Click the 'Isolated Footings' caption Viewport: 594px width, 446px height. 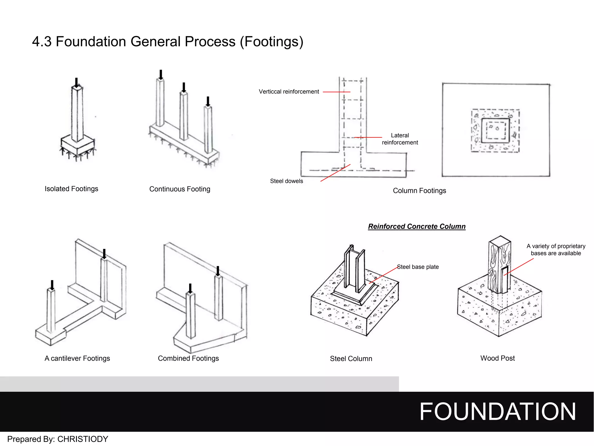pyautogui.click(x=71, y=189)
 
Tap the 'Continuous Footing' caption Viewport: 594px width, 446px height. pyautogui.click(x=180, y=189)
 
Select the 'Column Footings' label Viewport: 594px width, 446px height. pyautogui.click(x=419, y=191)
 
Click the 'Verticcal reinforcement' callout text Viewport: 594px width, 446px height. pyautogui.click(x=289, y=92)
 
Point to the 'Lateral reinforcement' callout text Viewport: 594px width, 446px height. pyautogui.click(x=400, y=139)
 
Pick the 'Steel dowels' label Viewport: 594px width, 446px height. pyautogui.click(x=286, y=181)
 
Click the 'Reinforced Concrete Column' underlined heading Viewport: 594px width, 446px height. pyautogui.click(x=416, y=226)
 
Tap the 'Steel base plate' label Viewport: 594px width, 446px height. pyautogui.click(x=418, y=267)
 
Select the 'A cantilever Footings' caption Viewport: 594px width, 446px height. pyautogui.click(x=77, y=358)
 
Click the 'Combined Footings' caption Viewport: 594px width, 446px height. pyautogui.click(x=188, y=358)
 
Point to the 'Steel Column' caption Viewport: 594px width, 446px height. pyautogui.click(x=351, y=359)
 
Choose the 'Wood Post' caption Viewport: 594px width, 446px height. pyautogui.click(x=497, y=358)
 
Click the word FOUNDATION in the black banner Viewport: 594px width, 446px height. pyautogui.click(x=497, y=411)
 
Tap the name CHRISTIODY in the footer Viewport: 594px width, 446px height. pyautogui.click(x=83, y=439)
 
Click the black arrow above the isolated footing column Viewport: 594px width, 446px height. pyautogui.click(x=76, y=82)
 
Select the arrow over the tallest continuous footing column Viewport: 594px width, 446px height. pyautogui.click(x=161, y=75)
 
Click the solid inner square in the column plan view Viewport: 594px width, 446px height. pyautogui.click(x=495, y=130)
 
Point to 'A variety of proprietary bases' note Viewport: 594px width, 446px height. pyautogui.click(x=556, y=250)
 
